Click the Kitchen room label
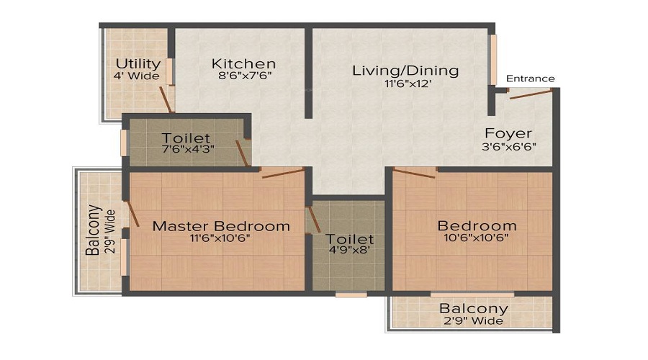(x=243, y=63)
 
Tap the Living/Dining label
(x=405, y=71)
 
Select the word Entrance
(x=530, y=78)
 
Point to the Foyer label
(x=508, y=133)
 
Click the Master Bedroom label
(x=221, y=226)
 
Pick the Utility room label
(x=138, y=64)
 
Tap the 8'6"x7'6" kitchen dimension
(x=245, y=76)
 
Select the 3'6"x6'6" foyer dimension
(x=509, y=146)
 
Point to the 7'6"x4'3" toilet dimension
(x=188, y=149)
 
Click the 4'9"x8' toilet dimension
(x=350, y=250)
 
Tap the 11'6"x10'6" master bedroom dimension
(x=220, y=238)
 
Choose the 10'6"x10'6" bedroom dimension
(x=476, y=238)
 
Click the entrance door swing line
(x=531, y=94)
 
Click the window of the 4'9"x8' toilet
(x=351, y=294)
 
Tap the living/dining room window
(x=492, y=60)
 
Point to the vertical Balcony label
(x=94, y=230)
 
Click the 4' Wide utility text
(x=136, y=76)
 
